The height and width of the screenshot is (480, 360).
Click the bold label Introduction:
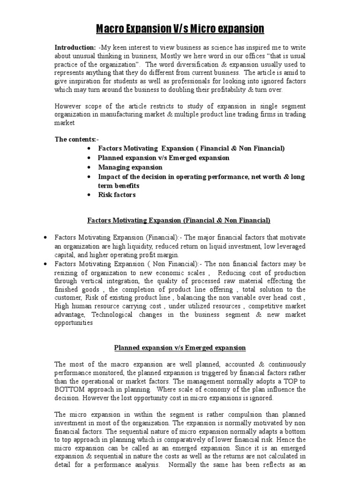pos(75,48)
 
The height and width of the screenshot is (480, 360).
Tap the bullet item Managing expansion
pos(130,167)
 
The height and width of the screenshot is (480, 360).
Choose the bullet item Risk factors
pos(117,195)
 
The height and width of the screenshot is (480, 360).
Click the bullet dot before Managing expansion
pos(89,168)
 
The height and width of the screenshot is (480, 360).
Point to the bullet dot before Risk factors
pos(89,195)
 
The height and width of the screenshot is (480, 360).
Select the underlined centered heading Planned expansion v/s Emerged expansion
pos(180,347)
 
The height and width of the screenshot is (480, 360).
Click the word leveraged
pos(289,247)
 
